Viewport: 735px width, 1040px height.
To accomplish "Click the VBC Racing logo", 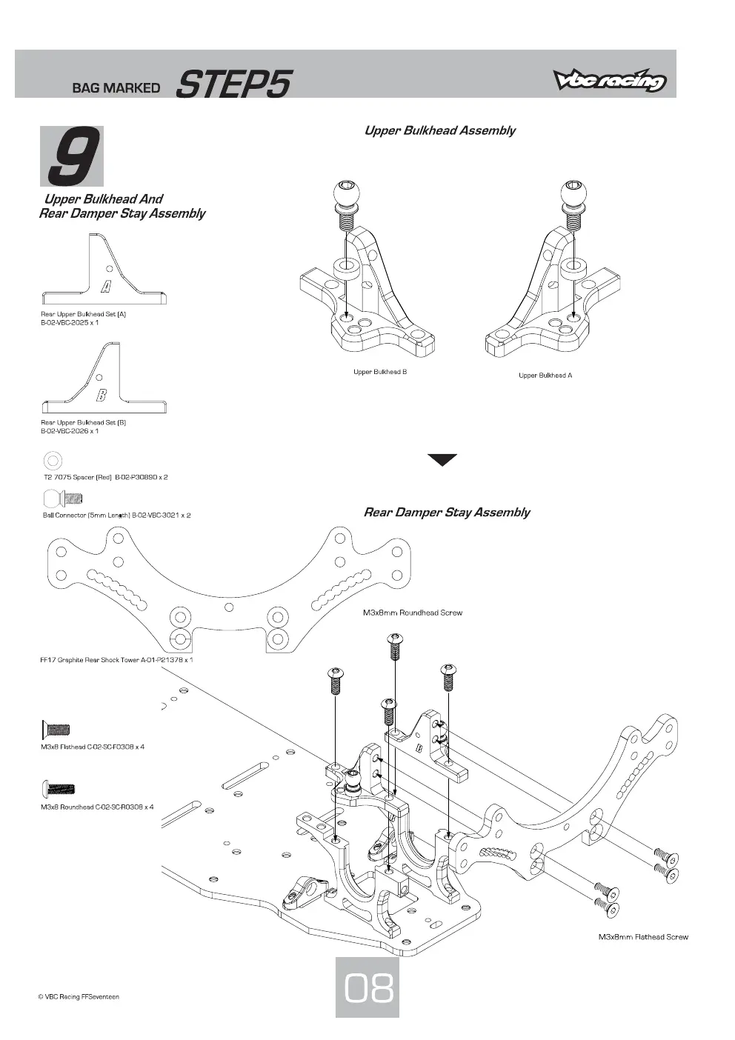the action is tap(610, 80).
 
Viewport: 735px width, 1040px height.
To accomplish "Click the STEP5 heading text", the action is tap(233, 84).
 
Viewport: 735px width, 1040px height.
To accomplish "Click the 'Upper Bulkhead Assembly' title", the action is tap(439, 130).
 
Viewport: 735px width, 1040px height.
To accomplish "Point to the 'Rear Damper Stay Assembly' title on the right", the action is tap(447, 513).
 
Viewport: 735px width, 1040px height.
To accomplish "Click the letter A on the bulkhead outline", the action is tap(107, 287).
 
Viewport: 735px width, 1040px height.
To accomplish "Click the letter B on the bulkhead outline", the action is tap(102, 395).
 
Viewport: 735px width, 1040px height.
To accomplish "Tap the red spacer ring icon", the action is tap(53, 461).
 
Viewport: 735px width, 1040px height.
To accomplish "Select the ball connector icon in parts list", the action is tap(63, 499).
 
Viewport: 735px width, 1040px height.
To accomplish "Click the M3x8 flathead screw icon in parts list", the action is tap(56, 730).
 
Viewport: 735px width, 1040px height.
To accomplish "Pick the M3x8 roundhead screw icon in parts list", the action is tap(58, 788).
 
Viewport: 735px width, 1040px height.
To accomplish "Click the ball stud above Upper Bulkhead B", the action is tap(346, 203).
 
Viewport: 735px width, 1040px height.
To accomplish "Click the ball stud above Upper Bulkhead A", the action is tap(573, 203).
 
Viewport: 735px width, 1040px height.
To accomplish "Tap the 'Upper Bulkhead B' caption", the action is tap(380, 372).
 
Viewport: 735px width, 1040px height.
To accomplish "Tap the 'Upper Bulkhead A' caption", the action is tap(545, 376).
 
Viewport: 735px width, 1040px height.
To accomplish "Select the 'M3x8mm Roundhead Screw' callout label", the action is tap(412, 613).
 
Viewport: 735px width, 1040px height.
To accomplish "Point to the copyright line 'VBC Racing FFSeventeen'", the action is tap(79, 997).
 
